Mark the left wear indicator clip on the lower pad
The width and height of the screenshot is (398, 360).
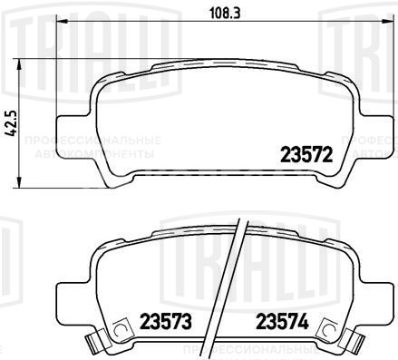click(92, 342)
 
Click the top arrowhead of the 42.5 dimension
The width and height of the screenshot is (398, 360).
click(21, 63)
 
